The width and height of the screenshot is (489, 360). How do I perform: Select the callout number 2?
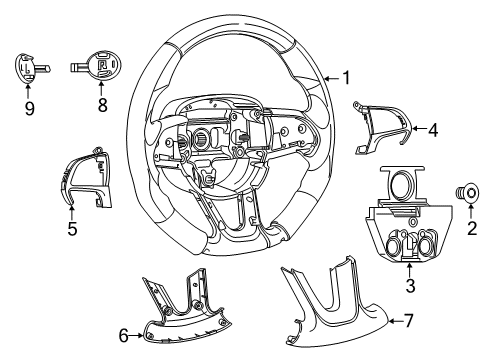click(x=471, y=230)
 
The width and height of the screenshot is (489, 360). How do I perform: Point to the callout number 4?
click(x=432, y=128)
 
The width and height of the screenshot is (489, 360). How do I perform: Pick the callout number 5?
click(x=71, y=229)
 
